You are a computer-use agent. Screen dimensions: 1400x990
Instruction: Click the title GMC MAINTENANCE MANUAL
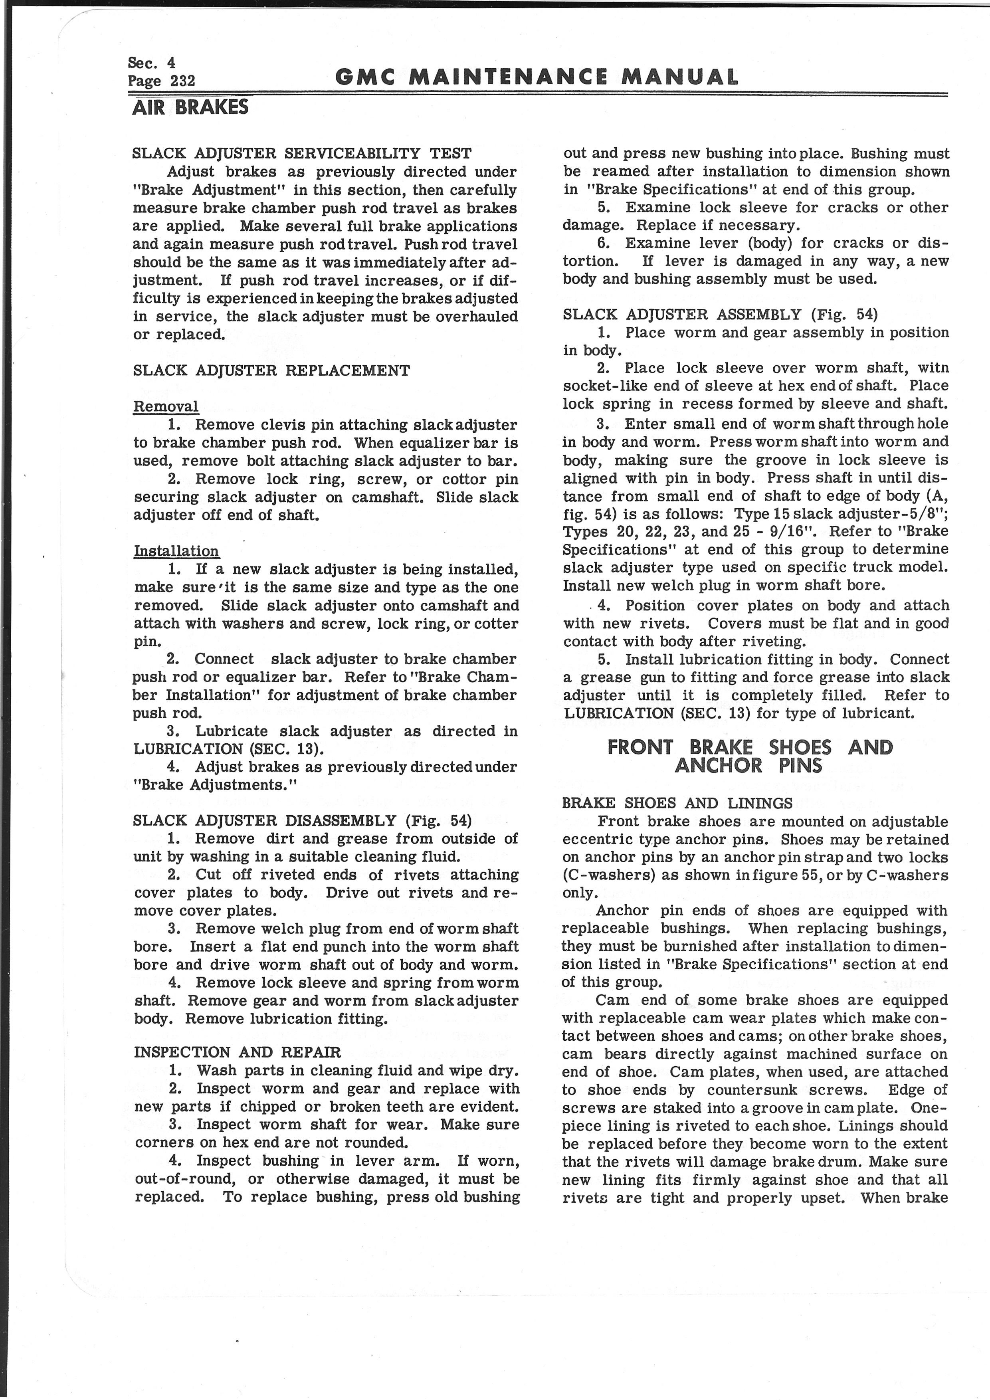537,77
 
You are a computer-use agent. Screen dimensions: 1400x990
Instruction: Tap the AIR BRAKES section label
190,108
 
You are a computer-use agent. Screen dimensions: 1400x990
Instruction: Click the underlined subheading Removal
166,407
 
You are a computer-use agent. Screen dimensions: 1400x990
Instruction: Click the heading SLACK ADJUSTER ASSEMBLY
720,315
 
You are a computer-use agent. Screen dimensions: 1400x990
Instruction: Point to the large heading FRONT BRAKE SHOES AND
750,748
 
